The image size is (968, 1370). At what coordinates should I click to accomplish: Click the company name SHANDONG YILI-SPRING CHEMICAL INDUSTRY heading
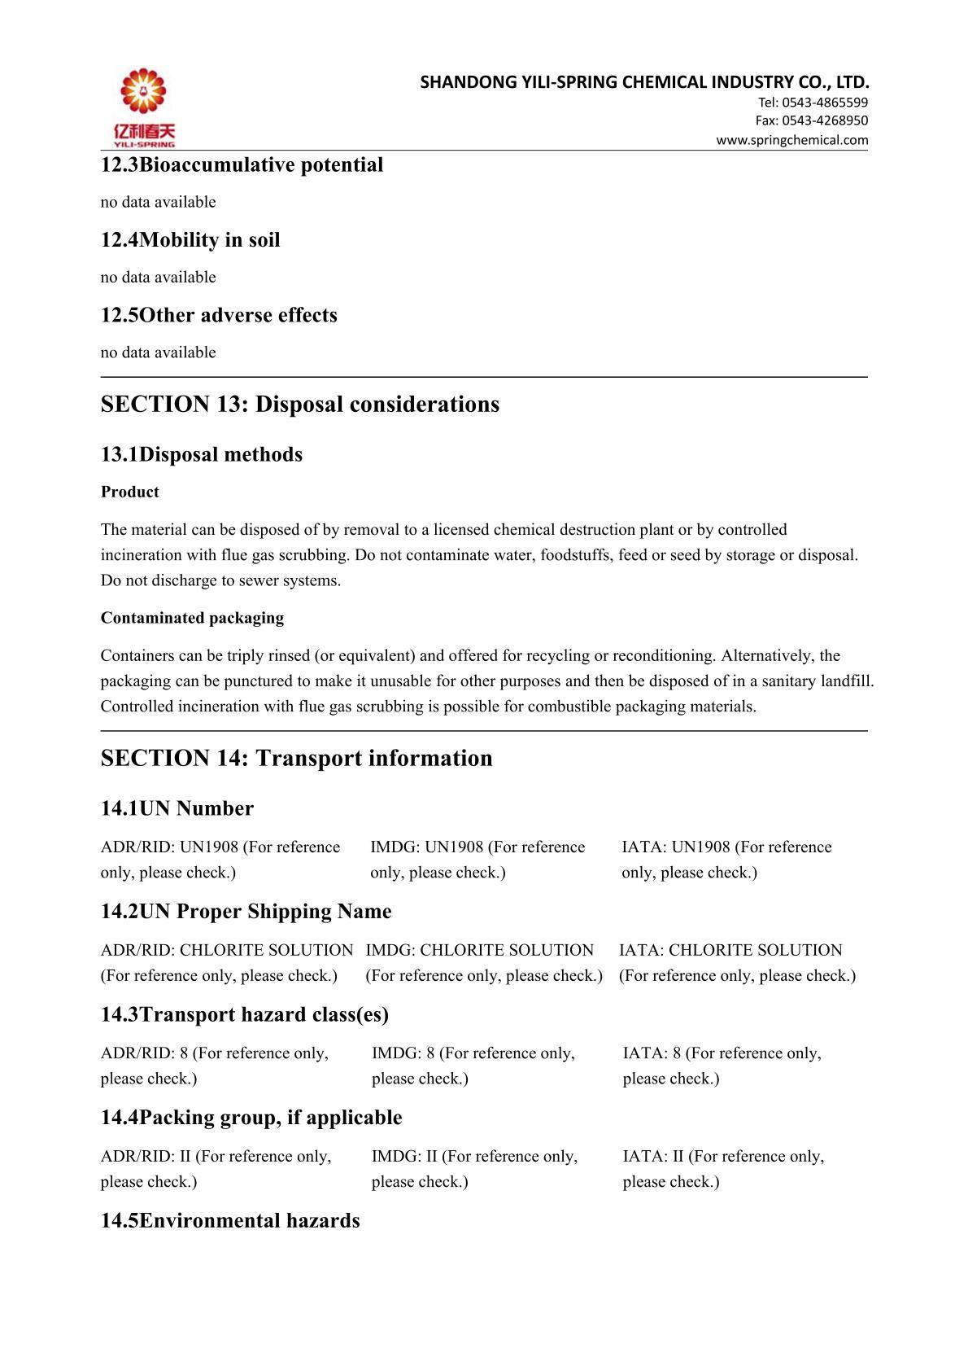644,81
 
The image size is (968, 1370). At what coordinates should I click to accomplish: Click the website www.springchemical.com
791,140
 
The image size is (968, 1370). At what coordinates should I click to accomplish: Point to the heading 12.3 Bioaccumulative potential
242,165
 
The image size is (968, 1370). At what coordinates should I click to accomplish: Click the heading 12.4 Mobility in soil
190,240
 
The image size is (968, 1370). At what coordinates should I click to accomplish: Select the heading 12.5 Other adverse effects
219,315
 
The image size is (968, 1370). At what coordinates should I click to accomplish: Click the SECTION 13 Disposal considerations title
299,405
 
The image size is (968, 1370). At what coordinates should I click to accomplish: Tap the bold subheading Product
130,492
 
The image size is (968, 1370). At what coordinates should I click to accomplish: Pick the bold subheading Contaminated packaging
192,618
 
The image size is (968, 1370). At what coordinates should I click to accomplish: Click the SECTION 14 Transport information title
296,758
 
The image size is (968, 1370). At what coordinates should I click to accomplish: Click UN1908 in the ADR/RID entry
209,847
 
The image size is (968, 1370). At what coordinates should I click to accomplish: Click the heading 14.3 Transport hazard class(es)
244,1014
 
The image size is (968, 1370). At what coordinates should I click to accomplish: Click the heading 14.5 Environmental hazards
229,1221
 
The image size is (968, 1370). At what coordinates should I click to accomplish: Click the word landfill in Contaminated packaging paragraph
848,681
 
